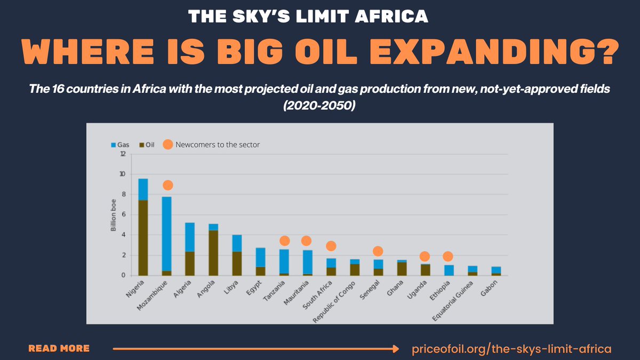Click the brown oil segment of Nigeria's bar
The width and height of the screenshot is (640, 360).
coord(143,238)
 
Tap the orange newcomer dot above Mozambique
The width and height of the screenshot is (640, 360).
coord(167,185)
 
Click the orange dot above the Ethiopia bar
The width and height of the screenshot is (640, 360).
coord(447,257)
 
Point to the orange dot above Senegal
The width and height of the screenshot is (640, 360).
coord(378,251)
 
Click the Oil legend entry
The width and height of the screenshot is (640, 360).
coord(146,145)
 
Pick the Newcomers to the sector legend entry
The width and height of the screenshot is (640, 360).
coord(211,145)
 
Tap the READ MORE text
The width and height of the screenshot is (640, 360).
coord(59,349)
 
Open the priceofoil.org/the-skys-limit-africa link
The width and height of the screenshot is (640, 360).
coord(511,349)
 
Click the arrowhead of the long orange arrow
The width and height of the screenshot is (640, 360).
coord(395,349)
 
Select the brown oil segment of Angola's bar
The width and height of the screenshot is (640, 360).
coord(213,253)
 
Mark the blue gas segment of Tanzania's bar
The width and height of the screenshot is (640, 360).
coord(284,261)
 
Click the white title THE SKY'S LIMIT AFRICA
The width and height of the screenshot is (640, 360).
coord(309,17)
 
